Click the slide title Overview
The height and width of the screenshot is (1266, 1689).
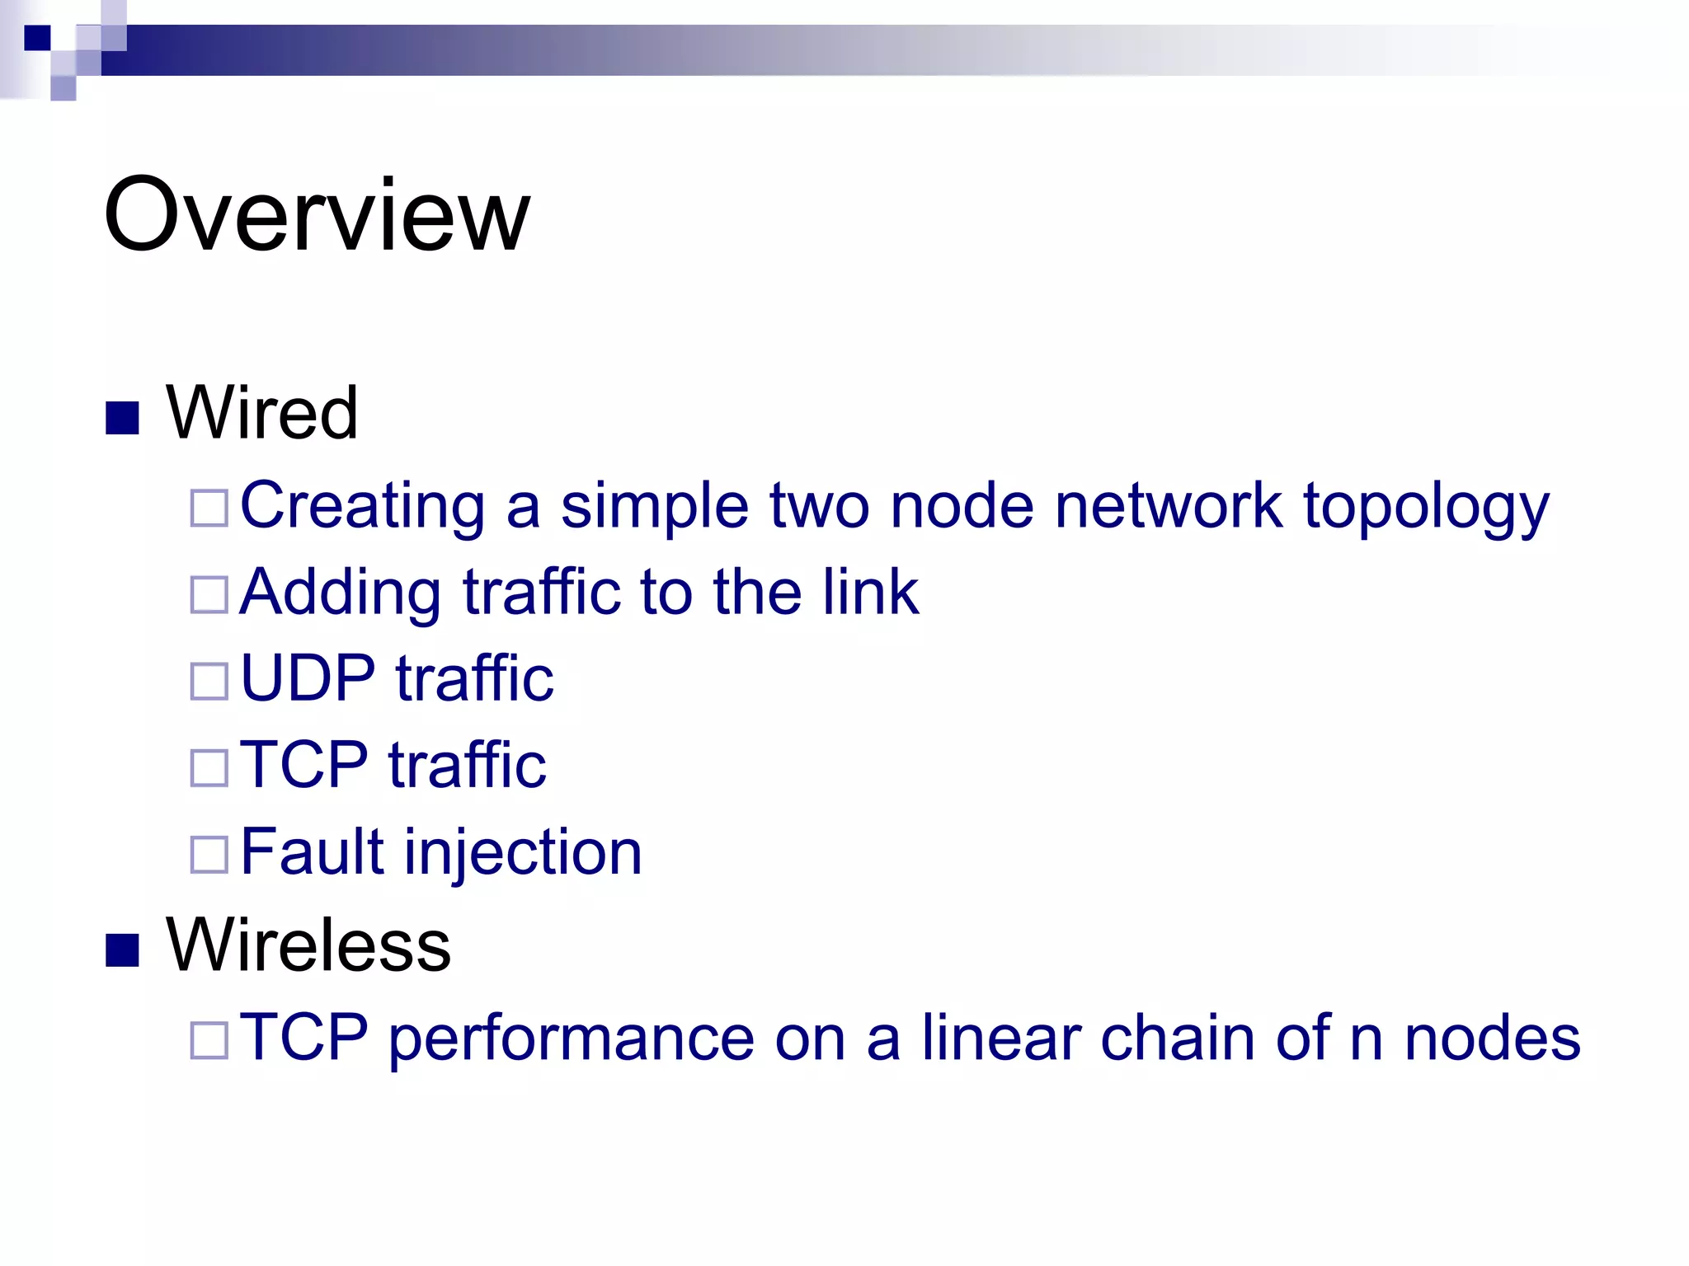[x=317, y=216]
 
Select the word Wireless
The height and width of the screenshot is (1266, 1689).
[x=308, y=945]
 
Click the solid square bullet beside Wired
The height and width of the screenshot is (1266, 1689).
[x=122, y=418]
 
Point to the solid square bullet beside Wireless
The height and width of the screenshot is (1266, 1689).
[x=122, y=949]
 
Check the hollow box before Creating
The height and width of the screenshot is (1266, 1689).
[x=209, y=508]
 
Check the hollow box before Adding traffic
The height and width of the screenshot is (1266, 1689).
[x=209, y=594]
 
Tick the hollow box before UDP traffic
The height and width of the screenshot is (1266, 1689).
[x=209, y=681]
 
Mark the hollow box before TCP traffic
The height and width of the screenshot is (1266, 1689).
[x=209, y=767]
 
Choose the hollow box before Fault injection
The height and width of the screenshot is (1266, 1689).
[x=209, y=854]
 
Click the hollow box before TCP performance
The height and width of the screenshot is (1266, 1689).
[x=209, y=1040]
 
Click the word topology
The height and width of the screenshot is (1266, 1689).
[x=1426, y=508]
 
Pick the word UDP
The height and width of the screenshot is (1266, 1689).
[x=308, y=678]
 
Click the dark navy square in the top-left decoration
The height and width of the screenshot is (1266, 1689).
[x=37, y=38]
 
